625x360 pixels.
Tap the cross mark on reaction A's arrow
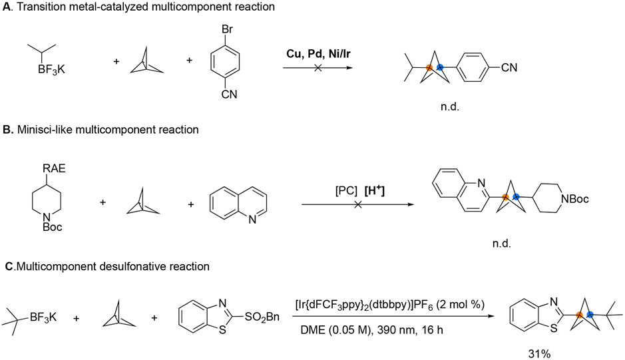coord(317,69)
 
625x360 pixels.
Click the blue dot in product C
coord(590,313)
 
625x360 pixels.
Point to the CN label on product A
coord(507,67)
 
